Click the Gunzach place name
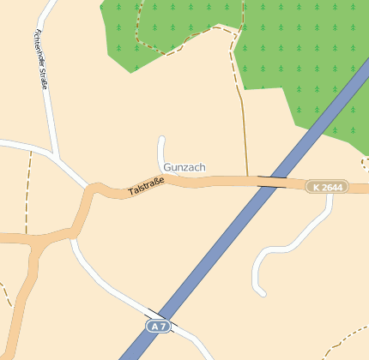pyautogui.click(x=184, y=167)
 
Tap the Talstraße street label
pyautogui.click(x=146, y=187)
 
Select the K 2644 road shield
pyautogui.click(x=327, y=187)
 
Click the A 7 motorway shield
pyautogui.click(x=156, y=327)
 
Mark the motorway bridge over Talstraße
pyautogui.click(x=272, y=182)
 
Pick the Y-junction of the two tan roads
pyautogui.click(x=36, y=243)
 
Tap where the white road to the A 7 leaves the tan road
pyautogui.click(x=73, y=241)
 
